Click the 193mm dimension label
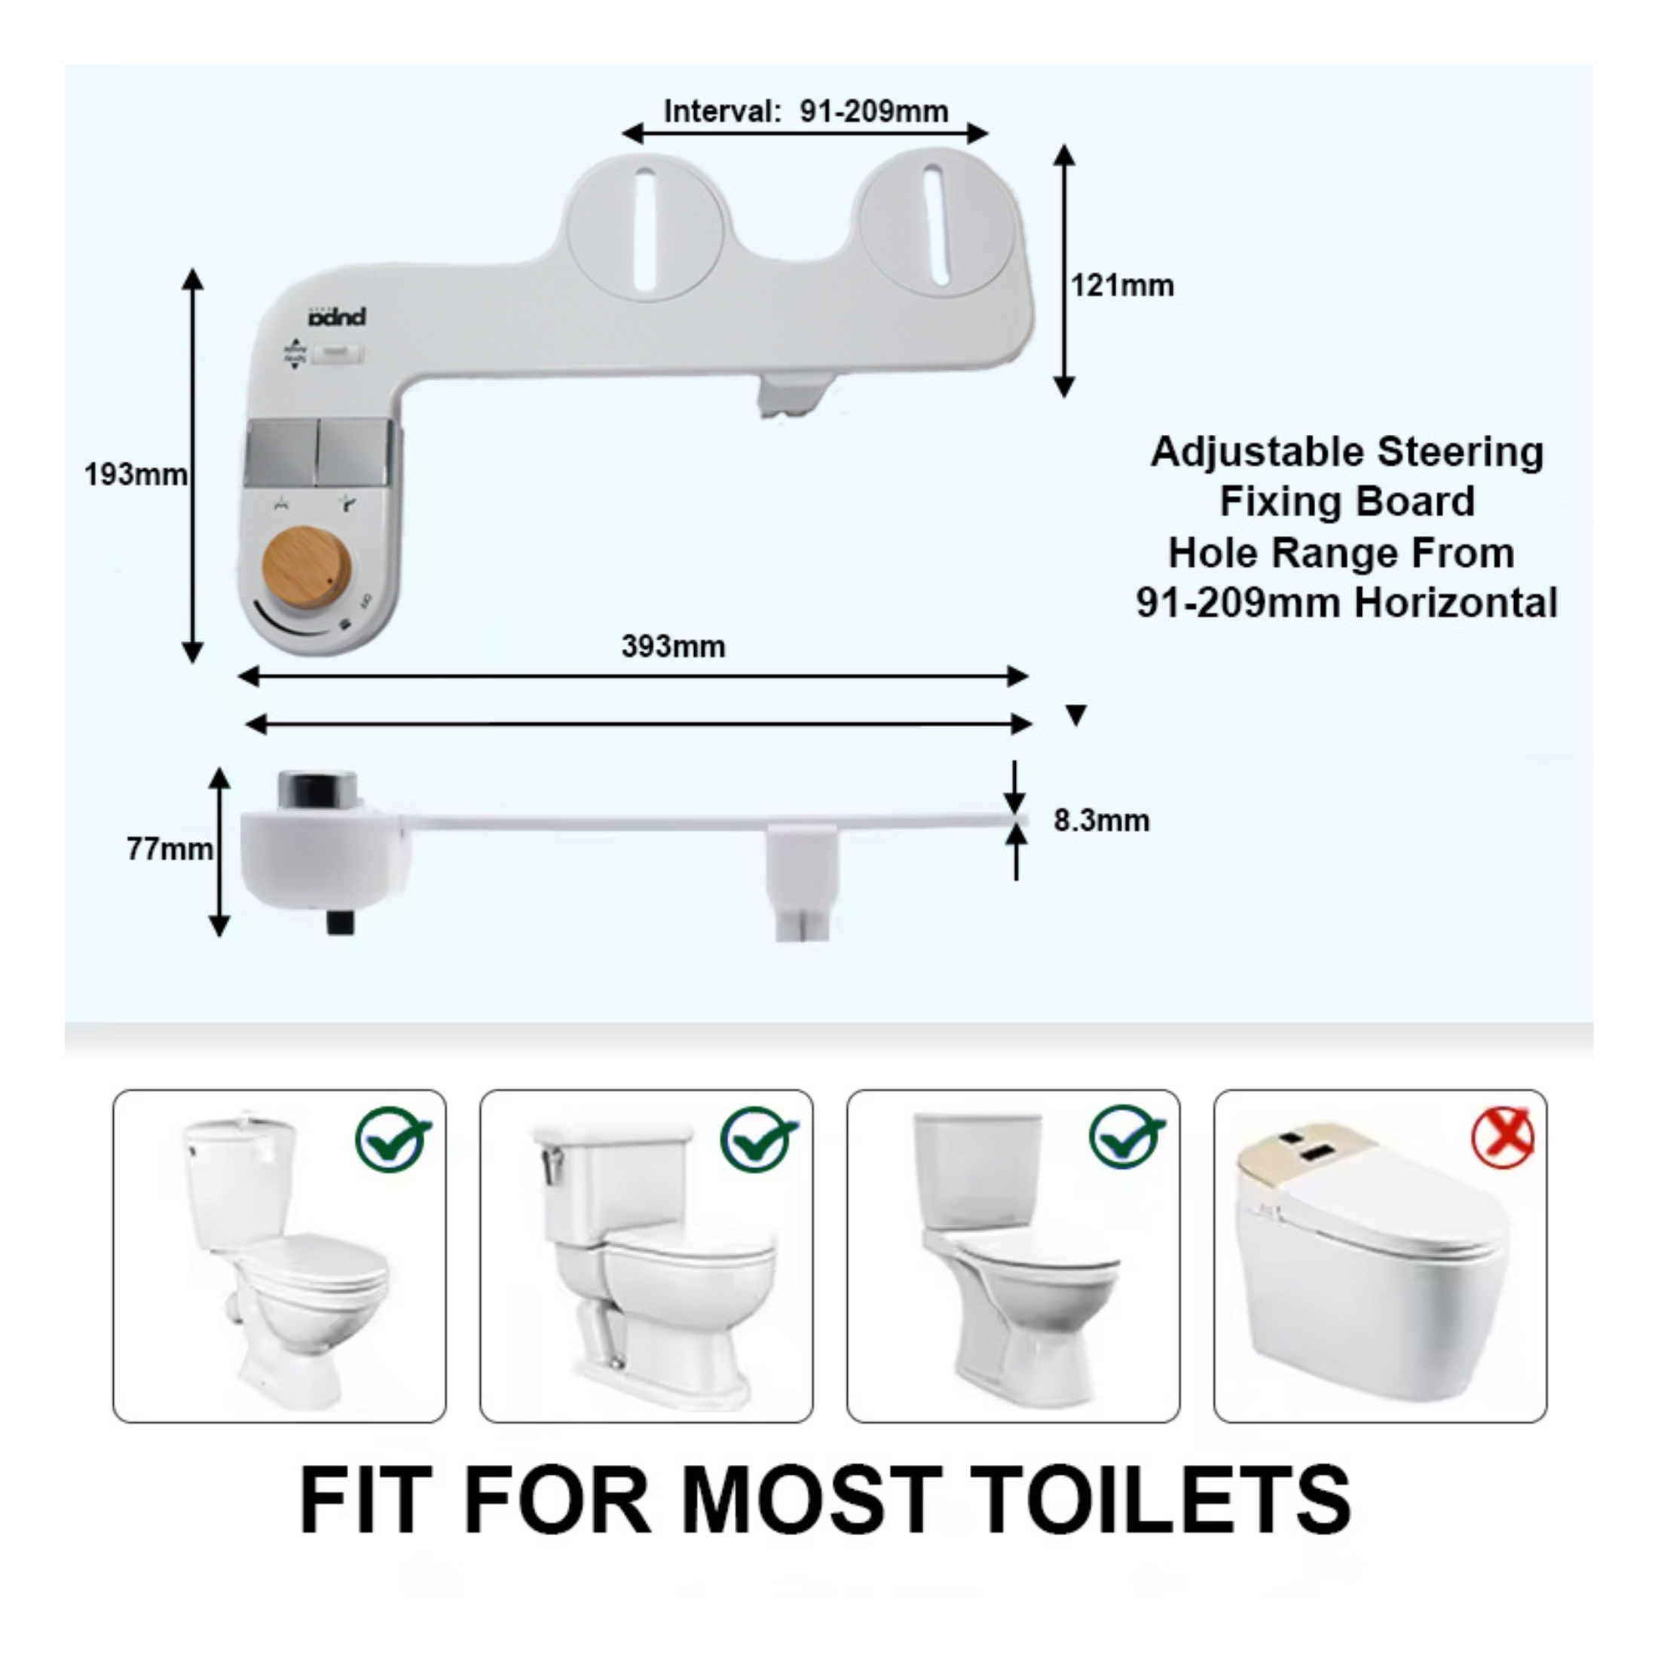click(x=136, y=474)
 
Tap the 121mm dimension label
click(x=1121, y=285)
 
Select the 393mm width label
click(x=673, y=646)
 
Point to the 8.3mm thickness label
click(x=1101, y=821)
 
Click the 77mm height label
click(x=169, y=849)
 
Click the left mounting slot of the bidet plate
click(x=645, y=229)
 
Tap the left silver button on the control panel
click(x=280, y=452)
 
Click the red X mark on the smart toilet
click(x=1502, y=1138)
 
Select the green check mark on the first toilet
click(x=394, y=1139)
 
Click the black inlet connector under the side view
click(x=341, y=922)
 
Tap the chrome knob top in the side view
click(x=317, y=788)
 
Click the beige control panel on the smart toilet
click(x=1305, y=1150)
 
